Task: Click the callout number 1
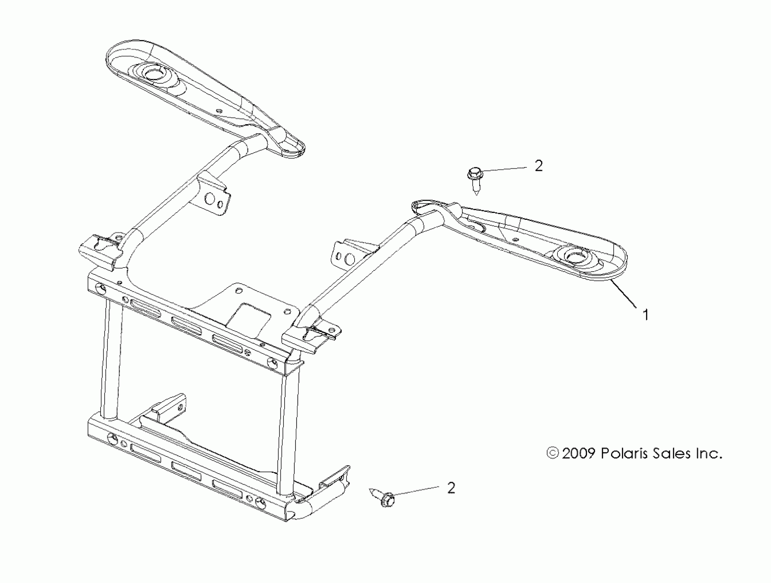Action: [x=645, y=315]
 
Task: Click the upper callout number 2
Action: [x=539, y=166]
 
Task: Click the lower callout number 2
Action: [x=451, y=488]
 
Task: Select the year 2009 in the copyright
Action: [x=578, y=453]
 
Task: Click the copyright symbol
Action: [x=553, y=453]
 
